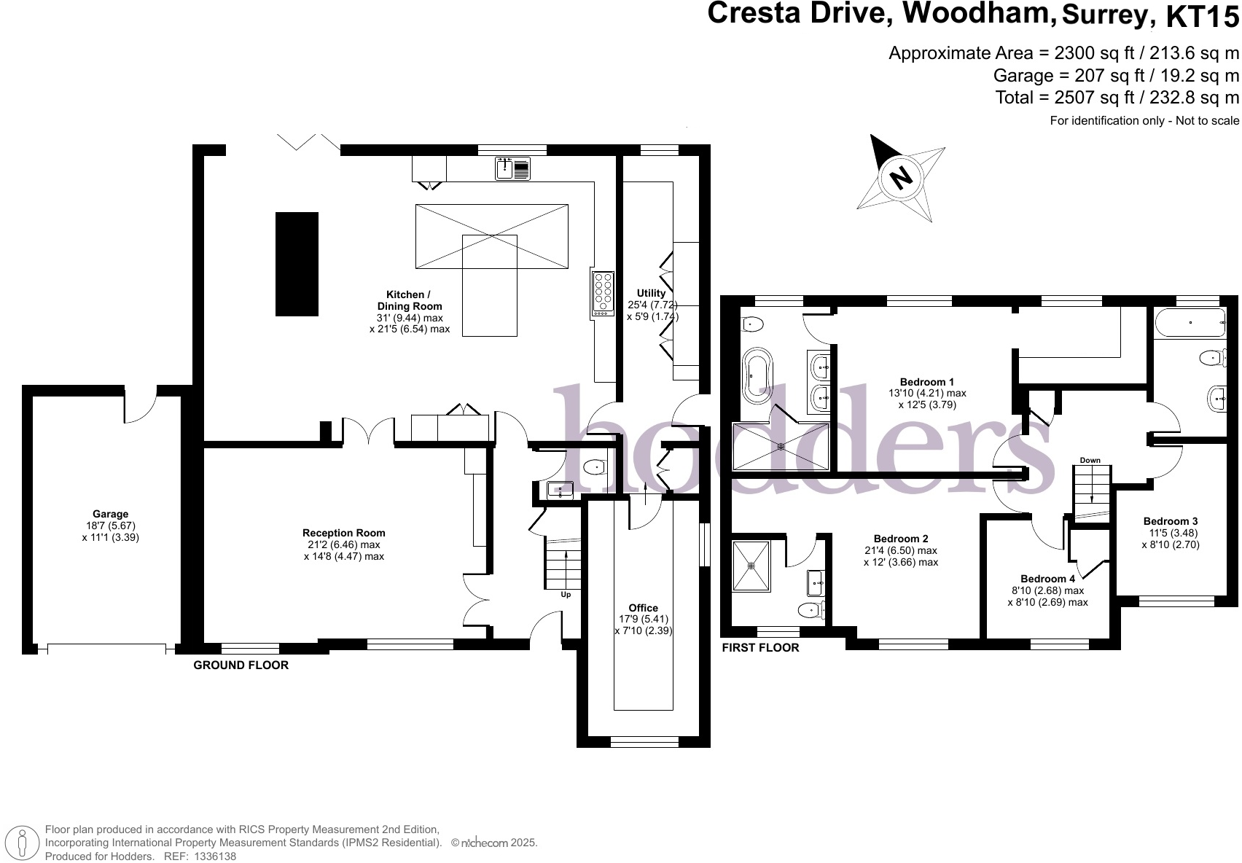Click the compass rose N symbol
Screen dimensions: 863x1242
tap(902, 176)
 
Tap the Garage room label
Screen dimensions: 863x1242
tap(110, 514)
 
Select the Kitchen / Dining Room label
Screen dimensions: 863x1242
tap(409, 300)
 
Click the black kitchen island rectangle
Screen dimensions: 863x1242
tap(297, 264)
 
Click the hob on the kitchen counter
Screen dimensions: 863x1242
tap(603, 293)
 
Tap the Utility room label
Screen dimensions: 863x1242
tap(651, 293)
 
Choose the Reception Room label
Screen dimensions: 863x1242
tap(343, 533)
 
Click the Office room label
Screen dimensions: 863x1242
tap(643, 608)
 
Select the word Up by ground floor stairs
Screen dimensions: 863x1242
tap(566, 595)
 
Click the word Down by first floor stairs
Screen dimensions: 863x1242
tap(1090, 461)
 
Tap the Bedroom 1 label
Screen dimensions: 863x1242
tap(926, 382)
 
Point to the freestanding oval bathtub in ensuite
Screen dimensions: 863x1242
tap(758, 375)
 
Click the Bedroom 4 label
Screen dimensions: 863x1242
tap(1047, 579)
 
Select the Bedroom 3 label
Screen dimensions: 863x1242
tap(1170, 521)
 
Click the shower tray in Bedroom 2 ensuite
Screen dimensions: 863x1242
tap(751, 565)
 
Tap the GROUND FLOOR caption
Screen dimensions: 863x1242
tap(241, 665)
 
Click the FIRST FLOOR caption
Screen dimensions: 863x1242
tap(759, 648)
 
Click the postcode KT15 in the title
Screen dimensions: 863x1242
tap(1202, 16)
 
